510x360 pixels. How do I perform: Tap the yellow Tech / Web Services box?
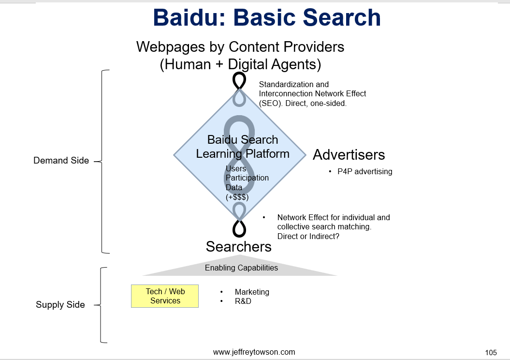(x=165, y=296)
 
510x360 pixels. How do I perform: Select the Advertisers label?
(x=349, y=155)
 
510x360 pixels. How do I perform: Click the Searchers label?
(x=239, y=246)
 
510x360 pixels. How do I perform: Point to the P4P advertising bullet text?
(x=365, y=172)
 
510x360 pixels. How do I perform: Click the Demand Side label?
(x=61, y=161)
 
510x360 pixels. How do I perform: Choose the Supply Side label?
(x=60, y=305)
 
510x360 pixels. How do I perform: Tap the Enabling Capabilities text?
(x=241, y=268)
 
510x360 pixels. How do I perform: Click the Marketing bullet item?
(x=252, y=292)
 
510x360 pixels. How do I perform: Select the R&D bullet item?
(x=243, y=301)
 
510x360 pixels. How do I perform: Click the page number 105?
(x=491, y=353)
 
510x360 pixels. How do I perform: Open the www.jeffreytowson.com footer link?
(x=254, y=352)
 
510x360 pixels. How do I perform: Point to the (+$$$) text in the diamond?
(x=237, y=197)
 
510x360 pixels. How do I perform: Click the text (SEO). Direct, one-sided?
(x=303, y=103)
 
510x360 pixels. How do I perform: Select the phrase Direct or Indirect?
(x=308, y=236)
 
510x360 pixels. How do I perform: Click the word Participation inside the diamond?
(x=247, y=178)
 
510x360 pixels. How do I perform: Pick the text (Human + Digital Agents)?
(x=240, y=64)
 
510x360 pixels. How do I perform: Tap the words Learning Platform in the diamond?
(x=243, y=154)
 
